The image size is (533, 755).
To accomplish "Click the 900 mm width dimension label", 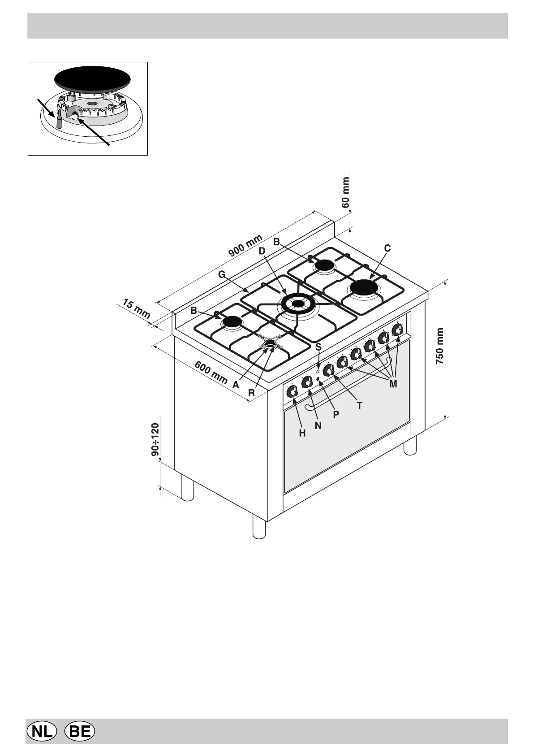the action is (x=245, y=246).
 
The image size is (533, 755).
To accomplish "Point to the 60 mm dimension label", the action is (x=345, y=192).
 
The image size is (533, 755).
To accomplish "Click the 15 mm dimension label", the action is (x=136, y=310).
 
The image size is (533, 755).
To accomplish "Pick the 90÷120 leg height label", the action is (x=155, y=439).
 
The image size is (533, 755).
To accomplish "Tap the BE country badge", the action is (x=80, y=732).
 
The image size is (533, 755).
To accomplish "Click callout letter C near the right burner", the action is (x=387, y=248).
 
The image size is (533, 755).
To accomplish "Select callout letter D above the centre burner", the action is (x=262, y=251).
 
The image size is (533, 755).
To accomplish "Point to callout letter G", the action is (x=222, y=274).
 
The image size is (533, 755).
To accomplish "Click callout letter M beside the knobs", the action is (x=393, y=384).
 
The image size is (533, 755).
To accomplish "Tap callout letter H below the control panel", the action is (x=302, y=433).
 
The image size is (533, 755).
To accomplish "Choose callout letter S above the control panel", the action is (x=318, y=347).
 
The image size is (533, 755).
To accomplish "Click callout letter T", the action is (x=359, y=406).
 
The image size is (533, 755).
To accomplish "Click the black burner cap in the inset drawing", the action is (x=92, y=80).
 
